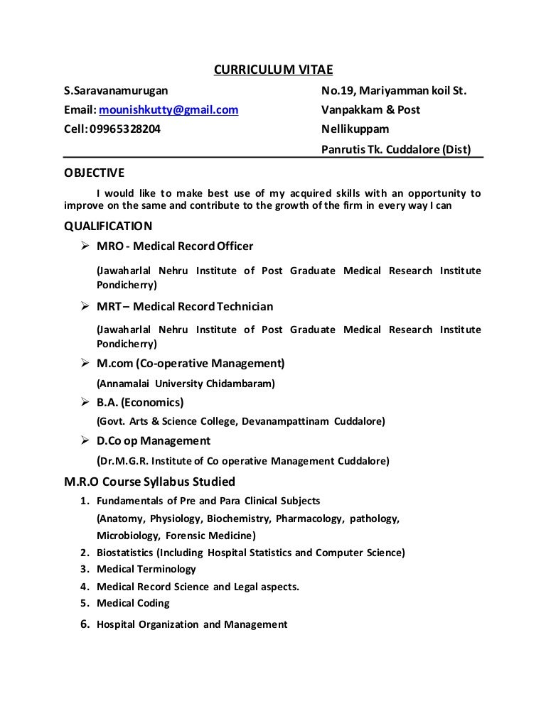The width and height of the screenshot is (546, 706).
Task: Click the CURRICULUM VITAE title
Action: pos(273,70)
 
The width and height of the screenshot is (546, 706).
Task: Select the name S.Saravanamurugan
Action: pos(116,90)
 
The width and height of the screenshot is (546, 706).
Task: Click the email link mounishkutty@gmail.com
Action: pos(168,110)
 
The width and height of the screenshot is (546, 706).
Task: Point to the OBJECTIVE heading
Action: pos(94,173)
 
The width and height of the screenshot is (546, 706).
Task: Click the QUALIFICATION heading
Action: pos(108,227)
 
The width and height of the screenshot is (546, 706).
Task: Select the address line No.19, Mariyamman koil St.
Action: pos(394,90)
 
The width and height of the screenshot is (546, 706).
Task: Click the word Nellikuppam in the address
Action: pos(355,130)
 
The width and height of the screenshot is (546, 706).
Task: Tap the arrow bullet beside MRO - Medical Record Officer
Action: pos(82,246)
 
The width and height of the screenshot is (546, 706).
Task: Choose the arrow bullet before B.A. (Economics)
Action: pos(82,402)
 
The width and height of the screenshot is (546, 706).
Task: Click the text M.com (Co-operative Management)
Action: pos(191,364)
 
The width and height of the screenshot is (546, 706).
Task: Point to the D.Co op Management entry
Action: pos(154,441)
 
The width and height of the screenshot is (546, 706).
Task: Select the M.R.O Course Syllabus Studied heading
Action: pos(149,482)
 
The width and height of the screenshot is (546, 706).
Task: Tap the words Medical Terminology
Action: pos(146,570)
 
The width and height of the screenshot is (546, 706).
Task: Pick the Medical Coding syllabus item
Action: pos(133,604)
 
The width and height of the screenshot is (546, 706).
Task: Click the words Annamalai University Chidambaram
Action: pos(186,384)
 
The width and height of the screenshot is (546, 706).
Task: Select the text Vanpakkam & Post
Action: pos(370,110)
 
